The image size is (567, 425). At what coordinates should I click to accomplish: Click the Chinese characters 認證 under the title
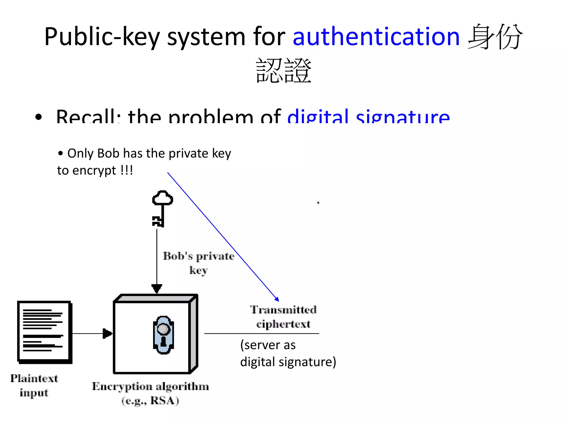tap(283, 71)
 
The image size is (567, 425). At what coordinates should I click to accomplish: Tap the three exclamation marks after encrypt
tap(127, 170)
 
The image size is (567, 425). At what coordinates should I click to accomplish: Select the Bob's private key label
tap(199, 263)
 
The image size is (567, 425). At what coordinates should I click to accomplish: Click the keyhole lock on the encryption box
tap(163, 335)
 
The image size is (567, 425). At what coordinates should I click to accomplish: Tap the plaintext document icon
tap(44, 332)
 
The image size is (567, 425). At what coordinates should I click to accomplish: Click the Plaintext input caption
tap(34, 385)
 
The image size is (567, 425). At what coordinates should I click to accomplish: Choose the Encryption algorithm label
tap(150, 386)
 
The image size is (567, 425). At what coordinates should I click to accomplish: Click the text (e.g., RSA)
tap(150, 401)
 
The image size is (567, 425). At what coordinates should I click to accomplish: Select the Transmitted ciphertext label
tap(283, 317)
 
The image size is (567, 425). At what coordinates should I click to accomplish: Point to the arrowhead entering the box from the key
tap(157, 289)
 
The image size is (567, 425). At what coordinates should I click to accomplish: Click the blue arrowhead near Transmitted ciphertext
tap(277, 299)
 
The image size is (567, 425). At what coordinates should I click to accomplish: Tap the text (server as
tap(268, 345)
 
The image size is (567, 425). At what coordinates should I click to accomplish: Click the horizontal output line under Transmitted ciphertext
tap(262, 333)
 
